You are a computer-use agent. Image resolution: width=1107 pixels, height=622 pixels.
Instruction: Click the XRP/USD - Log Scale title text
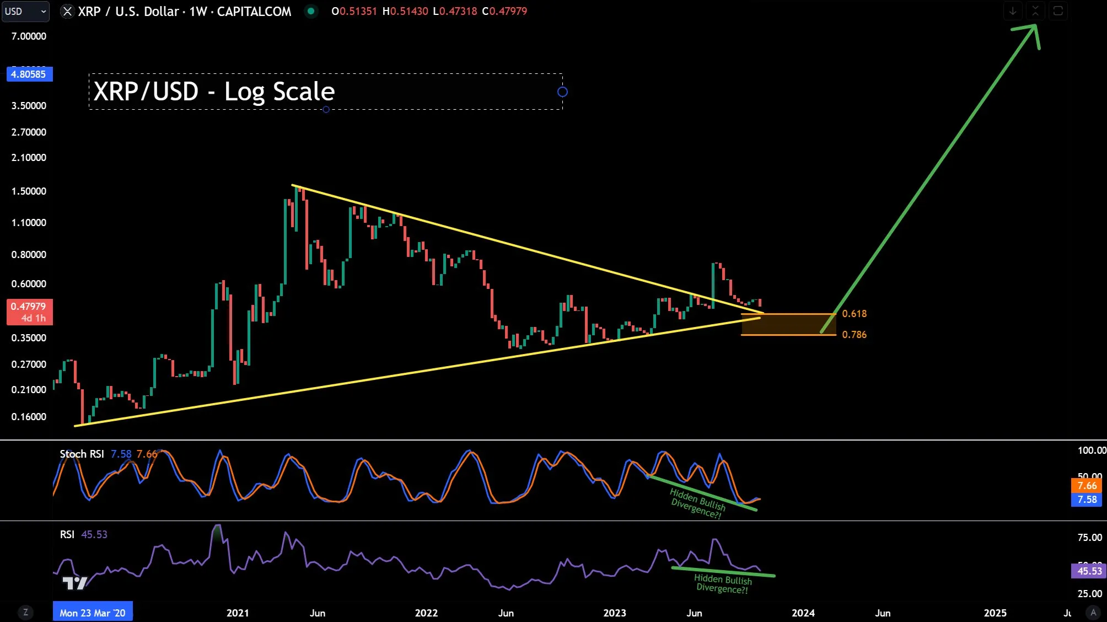click(214, 92)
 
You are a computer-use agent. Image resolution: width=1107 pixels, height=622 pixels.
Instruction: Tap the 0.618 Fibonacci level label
click(854, 314)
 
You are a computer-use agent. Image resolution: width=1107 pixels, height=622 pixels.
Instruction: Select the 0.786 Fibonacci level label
click(854, 335)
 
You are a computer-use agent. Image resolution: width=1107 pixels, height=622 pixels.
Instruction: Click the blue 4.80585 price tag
click(29, 74)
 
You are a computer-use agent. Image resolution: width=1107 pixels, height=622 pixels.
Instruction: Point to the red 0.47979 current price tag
click(29, 312)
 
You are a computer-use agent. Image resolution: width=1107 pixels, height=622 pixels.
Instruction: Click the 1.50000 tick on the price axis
click(29, 191)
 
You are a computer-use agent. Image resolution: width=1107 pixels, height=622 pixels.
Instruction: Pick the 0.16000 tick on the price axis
click(29, 417)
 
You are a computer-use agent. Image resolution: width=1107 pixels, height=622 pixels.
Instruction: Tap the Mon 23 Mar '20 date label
click(93, 613)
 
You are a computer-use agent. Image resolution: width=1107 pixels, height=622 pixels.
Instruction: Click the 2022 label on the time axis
click(426, 613)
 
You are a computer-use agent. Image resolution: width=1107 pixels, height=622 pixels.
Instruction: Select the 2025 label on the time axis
click(995, 613)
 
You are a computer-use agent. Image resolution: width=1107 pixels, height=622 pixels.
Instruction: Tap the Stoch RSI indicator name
click(82, 454)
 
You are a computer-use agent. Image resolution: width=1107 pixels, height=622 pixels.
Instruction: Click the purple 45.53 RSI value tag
click(1088, 571)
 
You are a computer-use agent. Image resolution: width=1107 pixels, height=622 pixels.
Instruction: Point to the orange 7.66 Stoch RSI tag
click(1087, 485)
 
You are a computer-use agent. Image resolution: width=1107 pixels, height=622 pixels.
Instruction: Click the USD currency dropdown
click(25, 11)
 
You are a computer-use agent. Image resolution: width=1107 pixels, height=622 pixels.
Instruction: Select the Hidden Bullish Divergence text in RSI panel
click(723, 583)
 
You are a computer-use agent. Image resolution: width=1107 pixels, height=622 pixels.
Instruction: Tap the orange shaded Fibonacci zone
click(788, 324)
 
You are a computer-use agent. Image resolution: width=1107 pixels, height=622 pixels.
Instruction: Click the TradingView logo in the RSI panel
click(74, 583)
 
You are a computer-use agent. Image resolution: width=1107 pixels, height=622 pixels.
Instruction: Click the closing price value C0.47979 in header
click(504, 11)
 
